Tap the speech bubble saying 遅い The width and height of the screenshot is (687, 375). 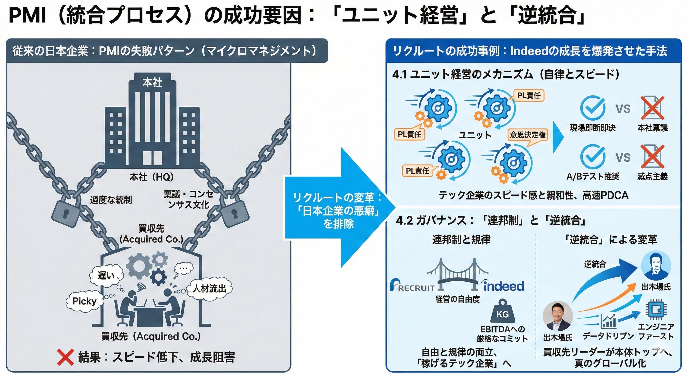(106, 275)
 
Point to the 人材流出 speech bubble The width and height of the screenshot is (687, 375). (209, 289)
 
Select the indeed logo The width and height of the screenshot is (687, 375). (504, 286)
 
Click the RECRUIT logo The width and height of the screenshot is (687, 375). (412, 286)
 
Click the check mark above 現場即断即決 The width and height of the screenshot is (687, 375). (593, 108)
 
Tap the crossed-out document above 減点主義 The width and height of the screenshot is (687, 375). (652, 157)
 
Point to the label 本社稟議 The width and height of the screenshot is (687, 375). (652, 128)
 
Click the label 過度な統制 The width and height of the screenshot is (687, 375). (111, 200)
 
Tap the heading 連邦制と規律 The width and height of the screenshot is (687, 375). (461, 240)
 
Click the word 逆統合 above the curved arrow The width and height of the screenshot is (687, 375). (595, 264)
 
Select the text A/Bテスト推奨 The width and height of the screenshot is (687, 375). (593, 177)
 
